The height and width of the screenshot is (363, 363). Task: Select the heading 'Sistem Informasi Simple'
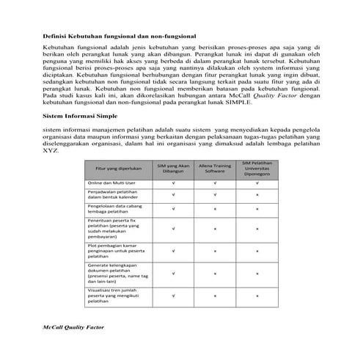78,116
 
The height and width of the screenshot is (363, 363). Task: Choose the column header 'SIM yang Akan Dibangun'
173,169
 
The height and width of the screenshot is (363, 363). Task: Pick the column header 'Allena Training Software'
215,169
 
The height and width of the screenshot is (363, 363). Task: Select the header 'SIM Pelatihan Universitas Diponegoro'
257,169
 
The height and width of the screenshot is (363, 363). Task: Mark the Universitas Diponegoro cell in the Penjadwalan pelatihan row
257,195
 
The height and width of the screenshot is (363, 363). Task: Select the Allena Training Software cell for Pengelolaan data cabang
215,209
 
